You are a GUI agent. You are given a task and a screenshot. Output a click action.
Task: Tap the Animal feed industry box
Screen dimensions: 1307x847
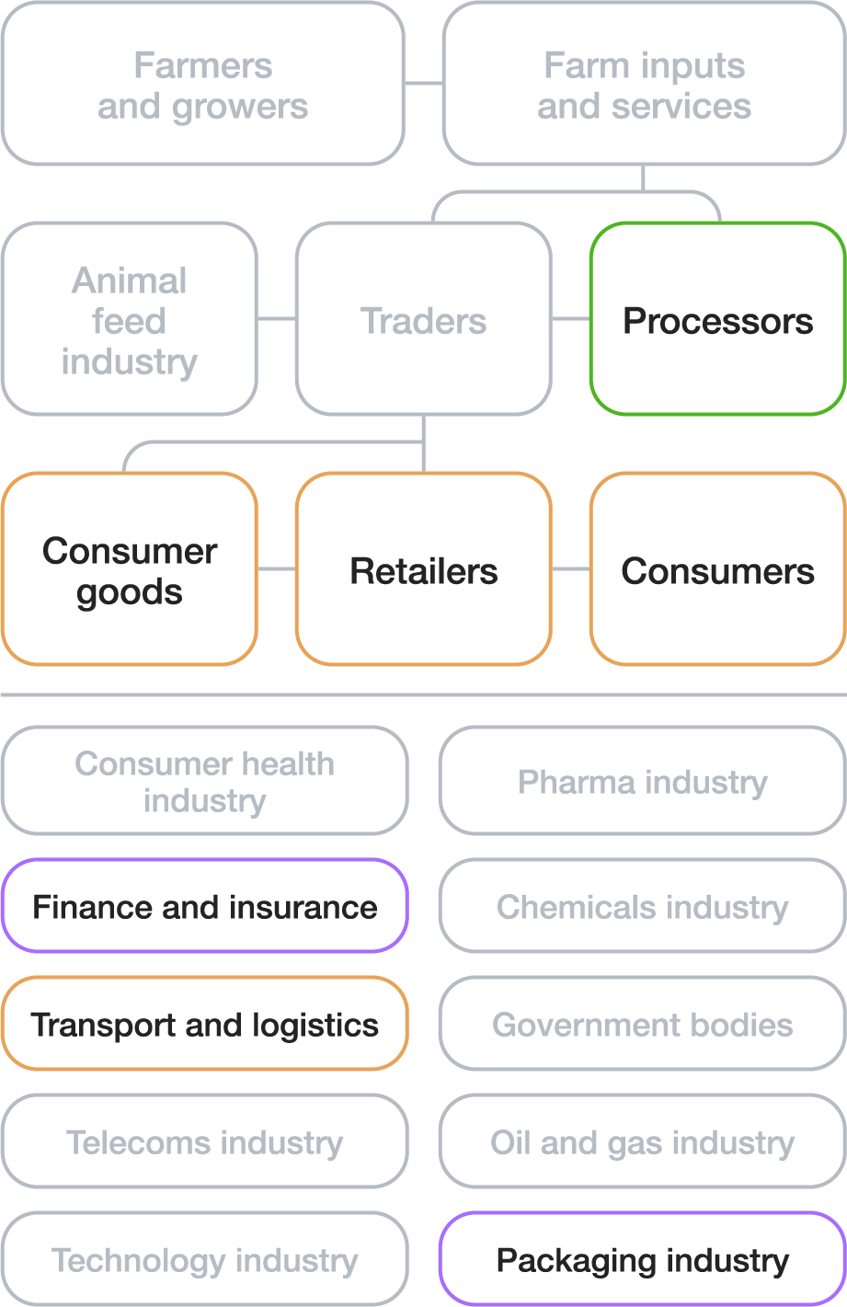click(129, 319)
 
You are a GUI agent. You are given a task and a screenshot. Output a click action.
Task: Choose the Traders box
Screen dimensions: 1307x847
click(423, 319)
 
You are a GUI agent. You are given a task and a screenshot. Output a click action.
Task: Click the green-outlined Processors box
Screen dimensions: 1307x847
click(717, 319)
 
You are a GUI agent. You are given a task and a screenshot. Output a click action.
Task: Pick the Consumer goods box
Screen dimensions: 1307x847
click(129, 569)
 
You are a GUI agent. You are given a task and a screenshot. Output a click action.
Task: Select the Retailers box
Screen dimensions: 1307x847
click(423, 569)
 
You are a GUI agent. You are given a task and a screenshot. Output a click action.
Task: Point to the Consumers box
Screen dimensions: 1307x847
click(717, 569)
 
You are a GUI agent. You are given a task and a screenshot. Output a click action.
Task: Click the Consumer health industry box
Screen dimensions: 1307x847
click(204, 781)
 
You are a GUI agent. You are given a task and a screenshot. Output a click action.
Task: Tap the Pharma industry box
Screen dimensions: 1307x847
click(642, 781)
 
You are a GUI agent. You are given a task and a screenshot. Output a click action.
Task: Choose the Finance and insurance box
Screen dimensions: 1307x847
click(204, 906)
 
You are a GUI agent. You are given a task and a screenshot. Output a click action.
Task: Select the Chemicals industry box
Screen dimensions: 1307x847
click(642, 906)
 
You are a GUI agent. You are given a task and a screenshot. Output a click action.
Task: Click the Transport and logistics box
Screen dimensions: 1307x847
click(204, 1024)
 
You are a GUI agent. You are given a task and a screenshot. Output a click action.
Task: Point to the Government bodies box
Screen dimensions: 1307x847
click(642, 1024)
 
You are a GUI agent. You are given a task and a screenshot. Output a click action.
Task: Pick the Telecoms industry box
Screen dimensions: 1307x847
click(204, 1141)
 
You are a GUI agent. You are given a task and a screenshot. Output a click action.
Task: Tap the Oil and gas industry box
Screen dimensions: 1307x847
click(642, 1141)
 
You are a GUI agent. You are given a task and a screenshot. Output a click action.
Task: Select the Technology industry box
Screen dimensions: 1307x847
click(204, 1259)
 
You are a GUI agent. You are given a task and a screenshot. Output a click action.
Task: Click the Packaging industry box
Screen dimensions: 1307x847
click(642, 1259)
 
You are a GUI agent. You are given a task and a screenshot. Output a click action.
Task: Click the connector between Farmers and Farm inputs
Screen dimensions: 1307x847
click(424, 84)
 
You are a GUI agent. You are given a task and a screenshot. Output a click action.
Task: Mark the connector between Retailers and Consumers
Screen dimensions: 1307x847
click(571, 569)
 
